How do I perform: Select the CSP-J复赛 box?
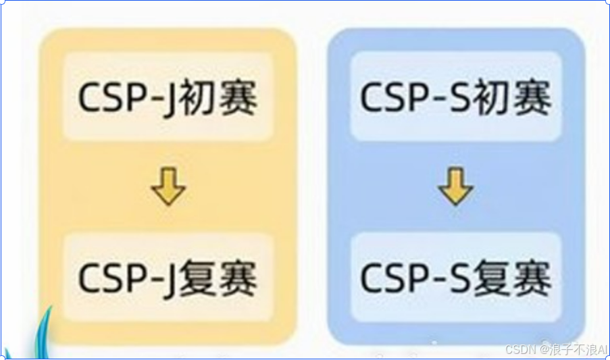(x=168, y=277)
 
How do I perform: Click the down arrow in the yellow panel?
(x=168, y=187)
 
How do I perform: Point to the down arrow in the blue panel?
(x=456, y=187)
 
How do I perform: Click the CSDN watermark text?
(x=519, y=349)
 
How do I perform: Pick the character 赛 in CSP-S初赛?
(x=534, y=99)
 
